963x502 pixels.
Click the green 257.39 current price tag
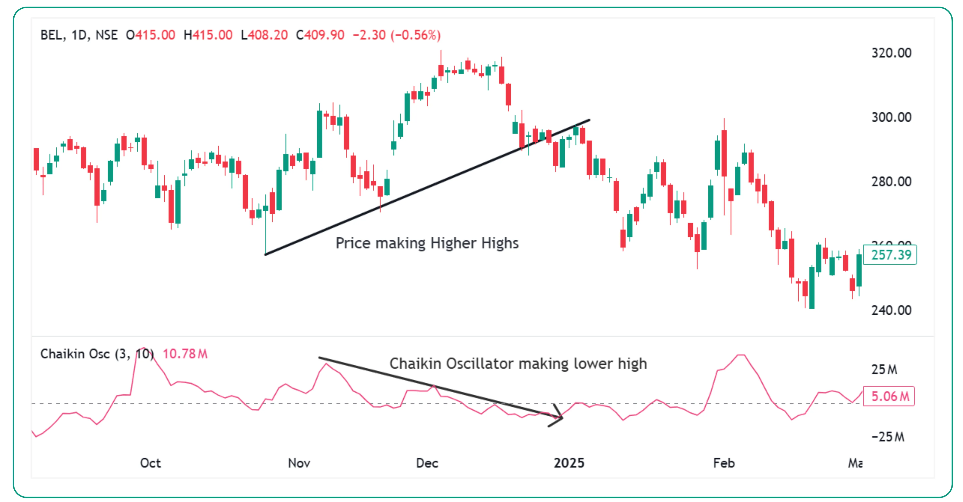890,255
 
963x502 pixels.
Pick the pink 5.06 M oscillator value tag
889,396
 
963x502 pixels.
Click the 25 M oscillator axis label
884,369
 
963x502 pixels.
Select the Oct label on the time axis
150,463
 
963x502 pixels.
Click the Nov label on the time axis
299,463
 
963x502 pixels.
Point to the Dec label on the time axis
427,463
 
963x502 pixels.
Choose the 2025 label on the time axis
569,463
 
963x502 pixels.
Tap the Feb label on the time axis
724,463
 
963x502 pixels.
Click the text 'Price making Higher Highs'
427,243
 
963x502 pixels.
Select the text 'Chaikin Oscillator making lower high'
518,363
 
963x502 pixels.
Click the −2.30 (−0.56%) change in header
397,35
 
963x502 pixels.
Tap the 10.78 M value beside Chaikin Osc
185,354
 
